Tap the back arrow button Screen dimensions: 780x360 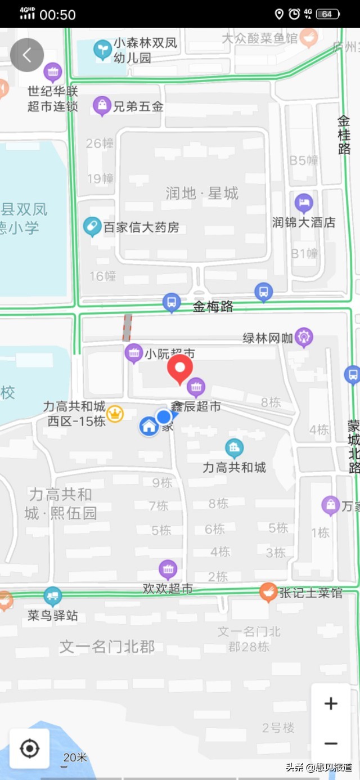click(x=27, y=55)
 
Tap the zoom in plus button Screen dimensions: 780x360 click(x=331, y=703)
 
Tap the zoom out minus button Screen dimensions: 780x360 click(x=331, y=743)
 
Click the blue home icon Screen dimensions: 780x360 click(x=149, y=427)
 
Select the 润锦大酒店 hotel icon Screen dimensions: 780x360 click(x=304, y=203)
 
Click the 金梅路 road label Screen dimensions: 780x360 click(x=213, y=307)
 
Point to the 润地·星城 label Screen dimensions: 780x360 click(x=202, y=194)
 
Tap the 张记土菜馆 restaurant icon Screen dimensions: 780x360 click(x=268, y=591)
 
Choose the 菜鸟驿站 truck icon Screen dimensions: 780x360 click(x=53, y=596)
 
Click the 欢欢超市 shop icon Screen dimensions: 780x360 click(x=168, y=570)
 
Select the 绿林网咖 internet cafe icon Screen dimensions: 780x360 click(x=304, y=337)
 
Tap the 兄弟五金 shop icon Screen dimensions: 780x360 click(x=102, y=105)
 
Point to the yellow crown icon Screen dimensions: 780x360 click(x=115, y=414)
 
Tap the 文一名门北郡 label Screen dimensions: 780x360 click(x=107, y=647)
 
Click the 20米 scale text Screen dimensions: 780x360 click(x=75, y=757)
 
